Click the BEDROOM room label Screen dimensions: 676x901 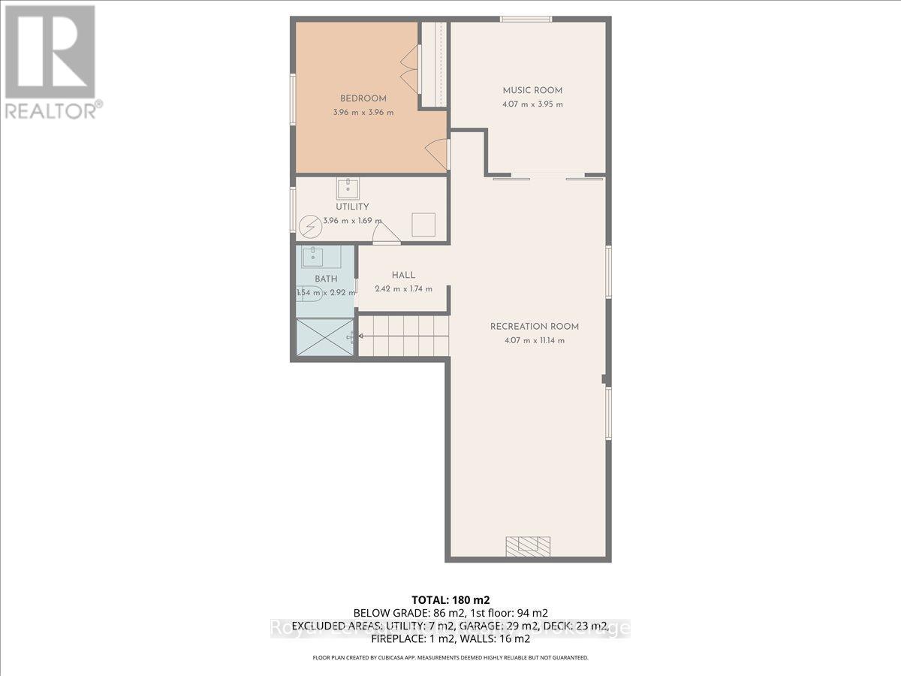pyautogui.click(x=363, y=98)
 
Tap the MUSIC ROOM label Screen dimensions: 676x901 pyautogui.click(x=532, y=91)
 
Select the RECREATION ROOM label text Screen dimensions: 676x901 pyautogui.click(x=535, y=327)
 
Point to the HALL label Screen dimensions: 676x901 pyautogui.click(x=403, y=276)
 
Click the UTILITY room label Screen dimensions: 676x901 pyautogui.click(x=352, y=207)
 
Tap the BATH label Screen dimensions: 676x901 pyautogui.click(x=326, y=279)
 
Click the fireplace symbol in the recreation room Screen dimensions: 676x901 pyautogui.click(x=528, y=545)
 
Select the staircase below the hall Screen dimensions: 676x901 pyautogui.click(x=402, y=335)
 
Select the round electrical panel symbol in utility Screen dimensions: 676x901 pyautogui.click(x=309, y=225)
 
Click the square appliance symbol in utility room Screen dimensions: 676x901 pyautogui.click(x=423, y=224)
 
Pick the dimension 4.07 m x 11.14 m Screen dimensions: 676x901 pyautogui.click(x=535, y=340)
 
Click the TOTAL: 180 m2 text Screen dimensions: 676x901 pyautogui.click(x=450, y=599)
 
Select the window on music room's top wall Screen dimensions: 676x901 pyautogui.click(x=526, y=19)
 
